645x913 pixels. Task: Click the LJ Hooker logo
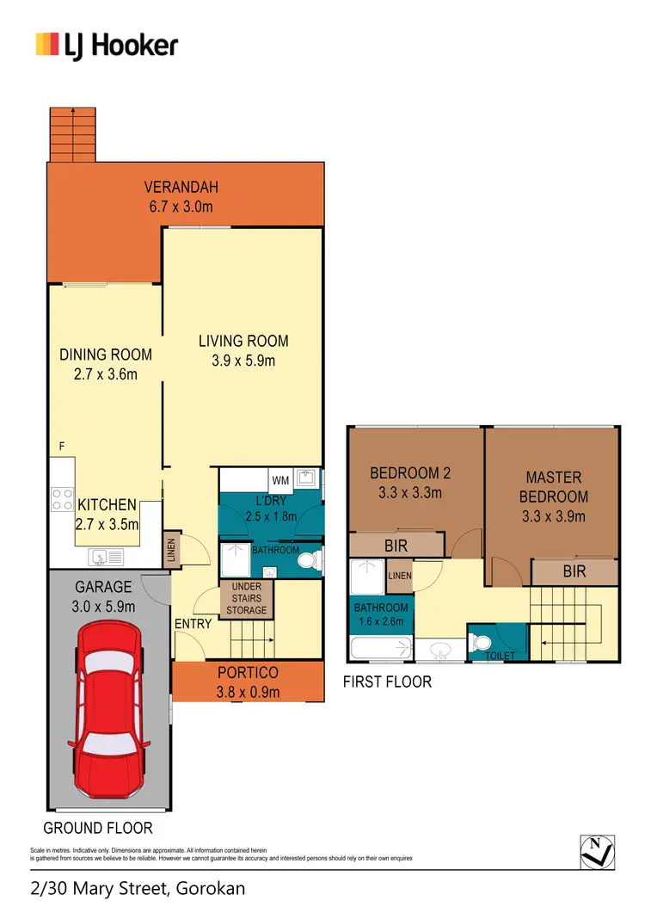coord(106,45)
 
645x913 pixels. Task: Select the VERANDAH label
coord(181,188)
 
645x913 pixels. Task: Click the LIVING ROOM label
coord(243,341)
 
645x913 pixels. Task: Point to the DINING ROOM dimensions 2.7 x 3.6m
coord(106,373)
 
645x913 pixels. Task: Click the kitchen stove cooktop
coord(62,499)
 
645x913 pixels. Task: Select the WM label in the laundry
coord(280,479)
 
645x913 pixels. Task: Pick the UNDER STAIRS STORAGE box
coord(248,598)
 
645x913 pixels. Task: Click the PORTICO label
coord(248,673)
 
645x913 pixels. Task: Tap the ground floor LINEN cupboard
coord(172,549)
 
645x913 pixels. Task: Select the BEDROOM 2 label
coord(410,472)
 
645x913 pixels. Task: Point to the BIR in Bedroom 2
coord(396,546)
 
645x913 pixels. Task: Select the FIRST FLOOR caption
coord(388,682)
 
